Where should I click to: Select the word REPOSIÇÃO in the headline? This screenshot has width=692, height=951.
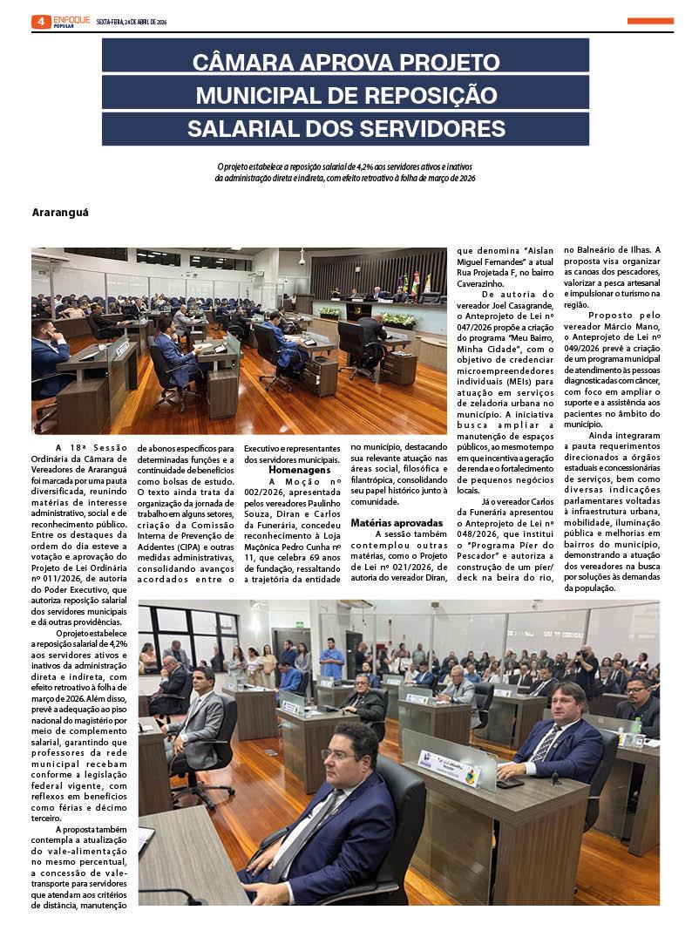point(424,96)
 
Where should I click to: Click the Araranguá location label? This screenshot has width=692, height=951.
point(61,212)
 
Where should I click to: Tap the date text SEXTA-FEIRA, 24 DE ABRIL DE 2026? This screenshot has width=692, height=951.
point(132,22)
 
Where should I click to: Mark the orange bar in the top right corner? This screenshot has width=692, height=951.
point(650,21)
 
